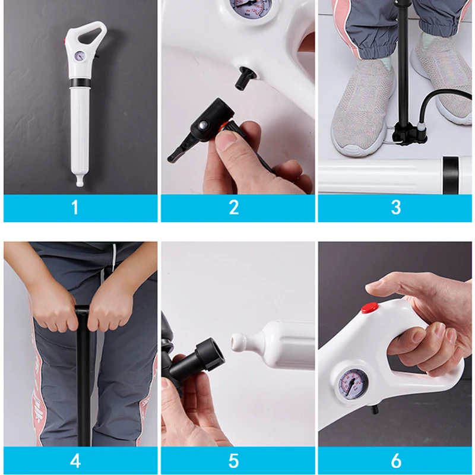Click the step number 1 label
[75, 207]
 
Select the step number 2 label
[234, 207]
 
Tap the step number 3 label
[395, 207]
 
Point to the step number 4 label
[75, 460]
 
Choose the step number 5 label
[234, 460]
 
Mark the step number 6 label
[395, 460]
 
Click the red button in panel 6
[370, 308]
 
